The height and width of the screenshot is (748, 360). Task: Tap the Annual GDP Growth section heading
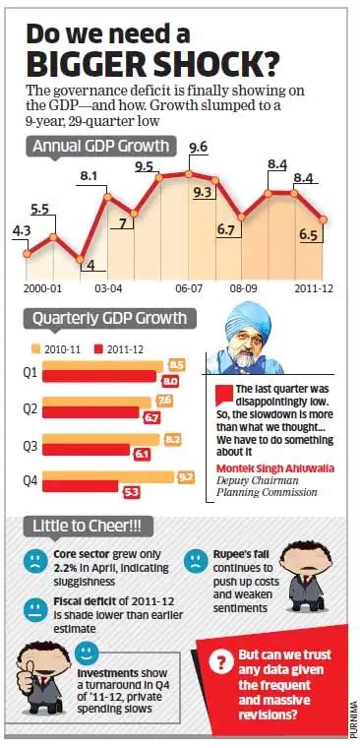(x=99, y=147)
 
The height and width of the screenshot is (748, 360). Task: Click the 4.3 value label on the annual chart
(x=21, y=230)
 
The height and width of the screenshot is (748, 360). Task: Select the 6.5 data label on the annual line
(x=307, y=235)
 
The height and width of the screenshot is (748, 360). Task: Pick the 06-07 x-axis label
(x=189, y=290)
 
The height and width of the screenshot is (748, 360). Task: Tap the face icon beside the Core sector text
(x=35, y=561)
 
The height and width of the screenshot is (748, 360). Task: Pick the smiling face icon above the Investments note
(x=86, y=652)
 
